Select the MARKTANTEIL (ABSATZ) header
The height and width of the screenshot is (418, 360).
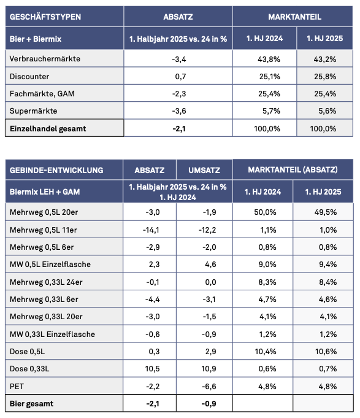293,170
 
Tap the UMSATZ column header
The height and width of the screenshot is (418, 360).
204,171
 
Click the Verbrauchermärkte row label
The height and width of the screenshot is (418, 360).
45,59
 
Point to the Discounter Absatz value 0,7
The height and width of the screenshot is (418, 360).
180,77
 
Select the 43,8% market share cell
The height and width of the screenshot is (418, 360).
269,59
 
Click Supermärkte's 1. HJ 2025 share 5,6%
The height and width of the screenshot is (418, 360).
327,111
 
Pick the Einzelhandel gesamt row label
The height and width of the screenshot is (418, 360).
48,129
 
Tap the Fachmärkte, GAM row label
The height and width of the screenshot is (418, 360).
42,94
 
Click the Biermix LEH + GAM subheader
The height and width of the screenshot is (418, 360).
45,192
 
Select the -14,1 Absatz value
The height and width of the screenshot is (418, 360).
151,230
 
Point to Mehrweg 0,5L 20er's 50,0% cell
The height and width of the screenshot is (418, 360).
265,212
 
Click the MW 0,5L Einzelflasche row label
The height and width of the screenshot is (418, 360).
50,264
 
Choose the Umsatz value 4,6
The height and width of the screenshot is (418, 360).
210,265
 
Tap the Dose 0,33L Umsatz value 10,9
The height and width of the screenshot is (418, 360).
209,369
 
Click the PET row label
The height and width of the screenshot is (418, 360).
17,386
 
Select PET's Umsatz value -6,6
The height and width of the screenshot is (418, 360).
209,386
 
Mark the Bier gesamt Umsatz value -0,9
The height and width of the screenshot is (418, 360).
209,404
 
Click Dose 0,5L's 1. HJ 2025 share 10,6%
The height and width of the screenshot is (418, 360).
326,351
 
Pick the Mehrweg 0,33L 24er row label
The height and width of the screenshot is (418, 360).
46,282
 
